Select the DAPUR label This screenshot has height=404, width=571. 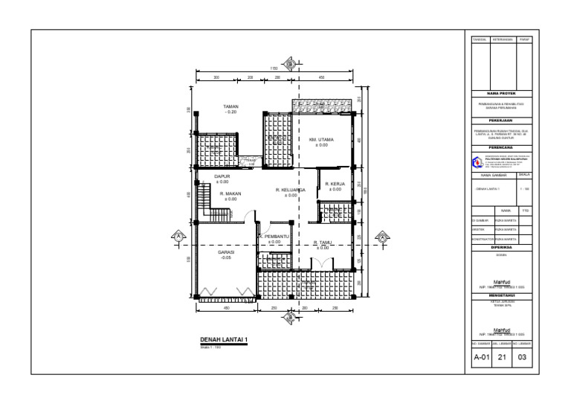222,176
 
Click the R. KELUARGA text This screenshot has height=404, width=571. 291,190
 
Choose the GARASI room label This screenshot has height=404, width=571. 226,252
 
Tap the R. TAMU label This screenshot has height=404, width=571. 322,242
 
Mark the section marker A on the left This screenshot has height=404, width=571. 178,237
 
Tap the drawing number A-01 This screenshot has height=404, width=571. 481,358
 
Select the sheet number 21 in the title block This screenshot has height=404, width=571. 504,358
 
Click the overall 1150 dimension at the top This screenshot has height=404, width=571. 274,69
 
